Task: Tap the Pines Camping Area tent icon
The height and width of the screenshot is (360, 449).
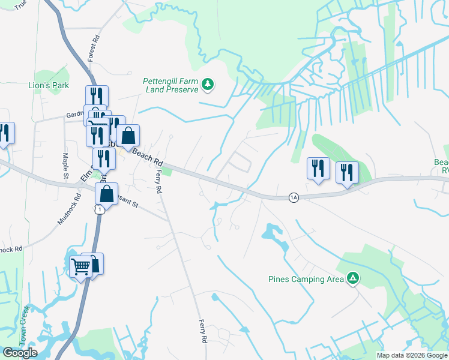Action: click(354, 278)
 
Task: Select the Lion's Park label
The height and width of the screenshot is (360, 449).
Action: click(49, 85)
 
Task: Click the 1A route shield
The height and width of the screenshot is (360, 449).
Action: click(293, 197)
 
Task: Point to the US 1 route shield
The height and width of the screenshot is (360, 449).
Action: click(100, 208)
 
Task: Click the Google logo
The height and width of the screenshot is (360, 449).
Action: click(20, 353)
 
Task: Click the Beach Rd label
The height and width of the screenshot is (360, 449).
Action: click(148, 158)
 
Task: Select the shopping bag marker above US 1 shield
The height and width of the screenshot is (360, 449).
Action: click(106, 194)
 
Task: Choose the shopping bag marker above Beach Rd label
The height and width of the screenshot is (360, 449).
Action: click(128, 136)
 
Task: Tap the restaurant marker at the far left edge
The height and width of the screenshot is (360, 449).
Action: click(4, 134)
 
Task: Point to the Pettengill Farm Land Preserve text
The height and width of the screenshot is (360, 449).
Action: click(171, 85)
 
